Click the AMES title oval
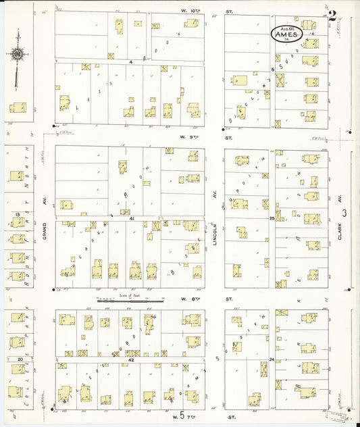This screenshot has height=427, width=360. coord(286,34)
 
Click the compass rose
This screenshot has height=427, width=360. coord(16,54)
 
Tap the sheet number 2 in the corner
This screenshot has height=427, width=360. coord(332,17)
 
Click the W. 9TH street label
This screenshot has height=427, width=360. coord(180,137)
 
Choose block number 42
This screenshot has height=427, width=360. coord(131,360)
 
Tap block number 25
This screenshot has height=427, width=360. coord(272,218)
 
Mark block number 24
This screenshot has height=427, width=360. coord(272,359)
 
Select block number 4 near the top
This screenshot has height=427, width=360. coord(132,61)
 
